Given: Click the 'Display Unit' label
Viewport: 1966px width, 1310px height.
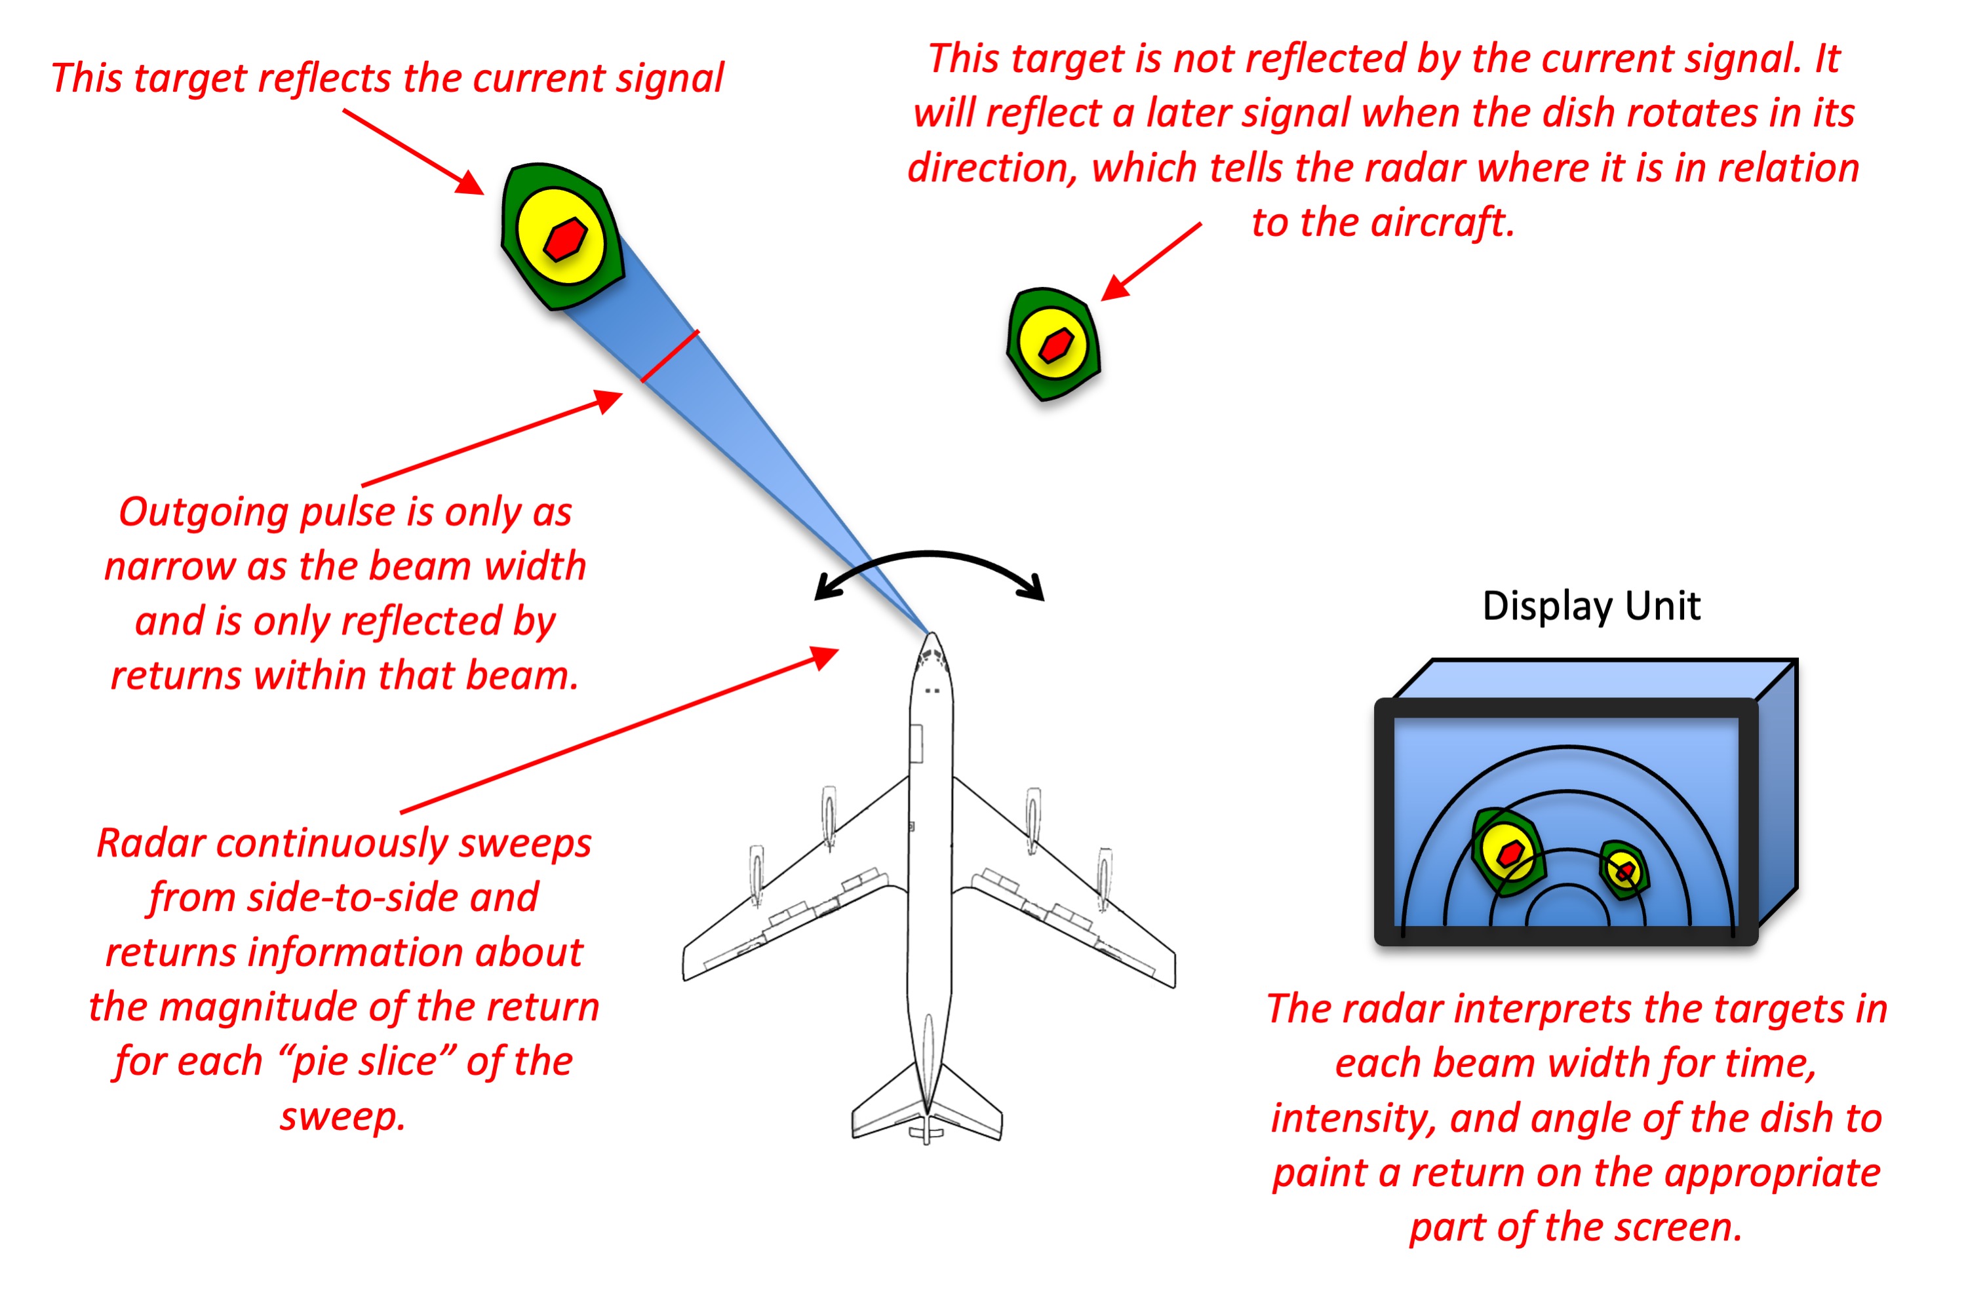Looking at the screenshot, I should pyautogui.click(x=1590, y=606).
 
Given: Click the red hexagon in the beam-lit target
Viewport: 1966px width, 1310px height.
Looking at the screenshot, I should pyautogui.click(x=565, y=239).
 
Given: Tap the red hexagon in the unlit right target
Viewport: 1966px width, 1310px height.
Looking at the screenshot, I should pyautogui.click(x=1055, y=344).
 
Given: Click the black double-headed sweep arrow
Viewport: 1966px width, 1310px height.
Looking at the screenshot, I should pyautogui.click(x=929, y=556).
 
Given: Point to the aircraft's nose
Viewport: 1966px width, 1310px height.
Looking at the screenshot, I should pyautogui.click(x=931, y=638).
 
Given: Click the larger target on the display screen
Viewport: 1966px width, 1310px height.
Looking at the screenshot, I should pyautogui.click(x=1508, y=852).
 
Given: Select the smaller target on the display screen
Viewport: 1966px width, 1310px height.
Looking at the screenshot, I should pyautogui.click(x=1623, y=870).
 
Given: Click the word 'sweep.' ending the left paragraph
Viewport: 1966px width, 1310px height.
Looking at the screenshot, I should pyautogui.click(x=343, y=1116).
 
